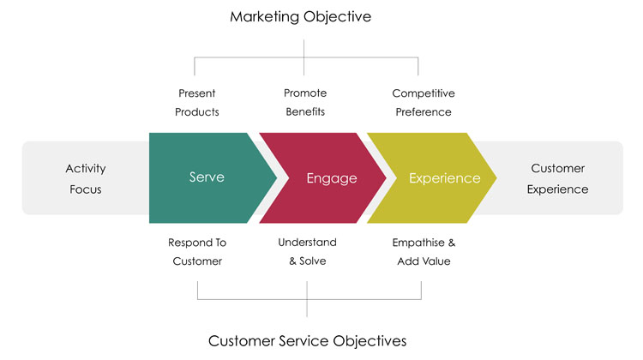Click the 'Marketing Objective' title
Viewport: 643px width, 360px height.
tap(301, 16)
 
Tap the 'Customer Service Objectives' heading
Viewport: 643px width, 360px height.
tap(307, 341)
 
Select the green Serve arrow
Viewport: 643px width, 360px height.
tap(207, 178)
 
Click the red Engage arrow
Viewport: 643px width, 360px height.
tap(322, 178)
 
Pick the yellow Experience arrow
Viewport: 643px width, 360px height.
tap(432, 178)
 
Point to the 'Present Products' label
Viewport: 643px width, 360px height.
tap(197, 103)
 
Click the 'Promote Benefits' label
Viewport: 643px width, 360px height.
tap(305, 103)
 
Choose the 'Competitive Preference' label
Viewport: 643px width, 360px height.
tap(424, 103)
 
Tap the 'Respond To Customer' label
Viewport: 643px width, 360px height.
tap(197, 252)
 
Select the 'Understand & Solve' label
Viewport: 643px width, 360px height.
tap(307, 251)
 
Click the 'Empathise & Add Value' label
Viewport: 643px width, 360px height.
tap(424, 252)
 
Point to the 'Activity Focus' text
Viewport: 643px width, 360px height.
tap(86, 179)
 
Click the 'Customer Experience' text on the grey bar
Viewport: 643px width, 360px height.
tap(558, 179)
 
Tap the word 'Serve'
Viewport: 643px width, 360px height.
tap(207, 177)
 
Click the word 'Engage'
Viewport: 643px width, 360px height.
tap(332, 178)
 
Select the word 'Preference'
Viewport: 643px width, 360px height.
tap(424, 112)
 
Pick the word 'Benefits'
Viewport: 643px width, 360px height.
tap(305, 111)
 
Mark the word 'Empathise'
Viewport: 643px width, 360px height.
tap(418, 243)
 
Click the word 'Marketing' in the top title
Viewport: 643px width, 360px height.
tap(265, 17)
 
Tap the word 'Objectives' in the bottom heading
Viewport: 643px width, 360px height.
tap(370, 341)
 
